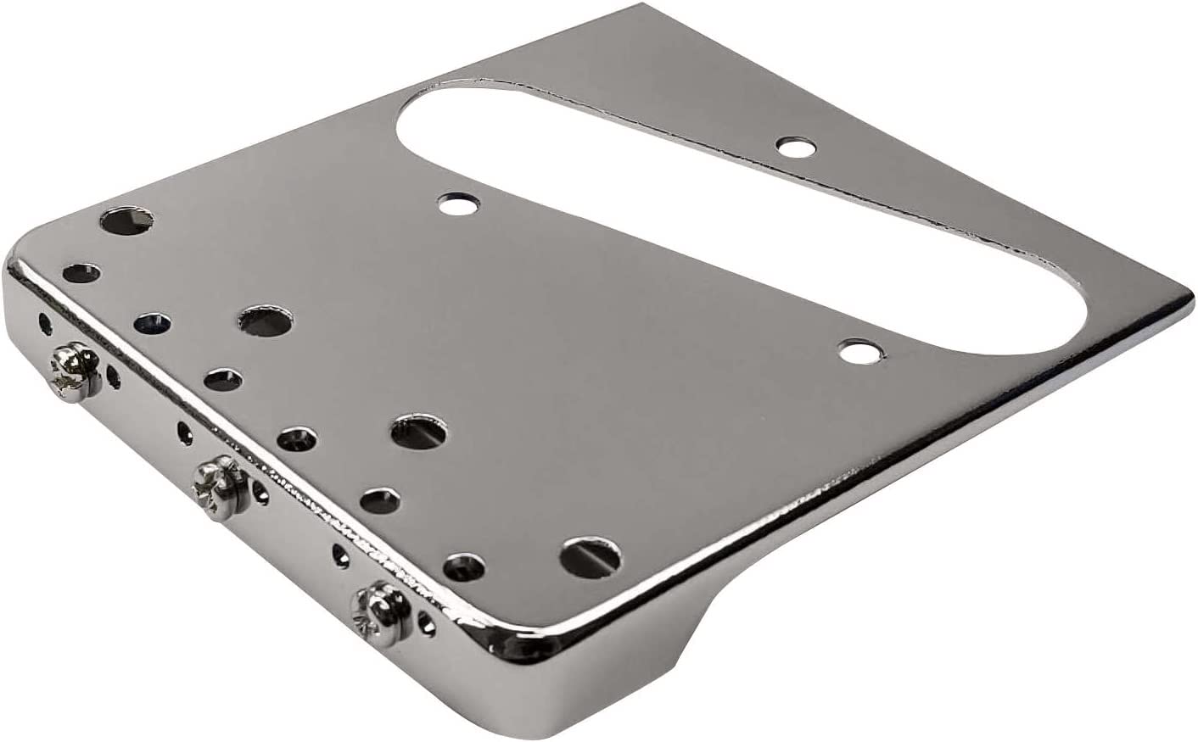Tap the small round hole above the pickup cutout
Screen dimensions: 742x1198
tap(794, 146)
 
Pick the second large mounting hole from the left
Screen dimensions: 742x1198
tap(260, 321)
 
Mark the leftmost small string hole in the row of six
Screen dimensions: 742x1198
tap(81, 273)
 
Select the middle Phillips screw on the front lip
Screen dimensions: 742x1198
tap(219, 484)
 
